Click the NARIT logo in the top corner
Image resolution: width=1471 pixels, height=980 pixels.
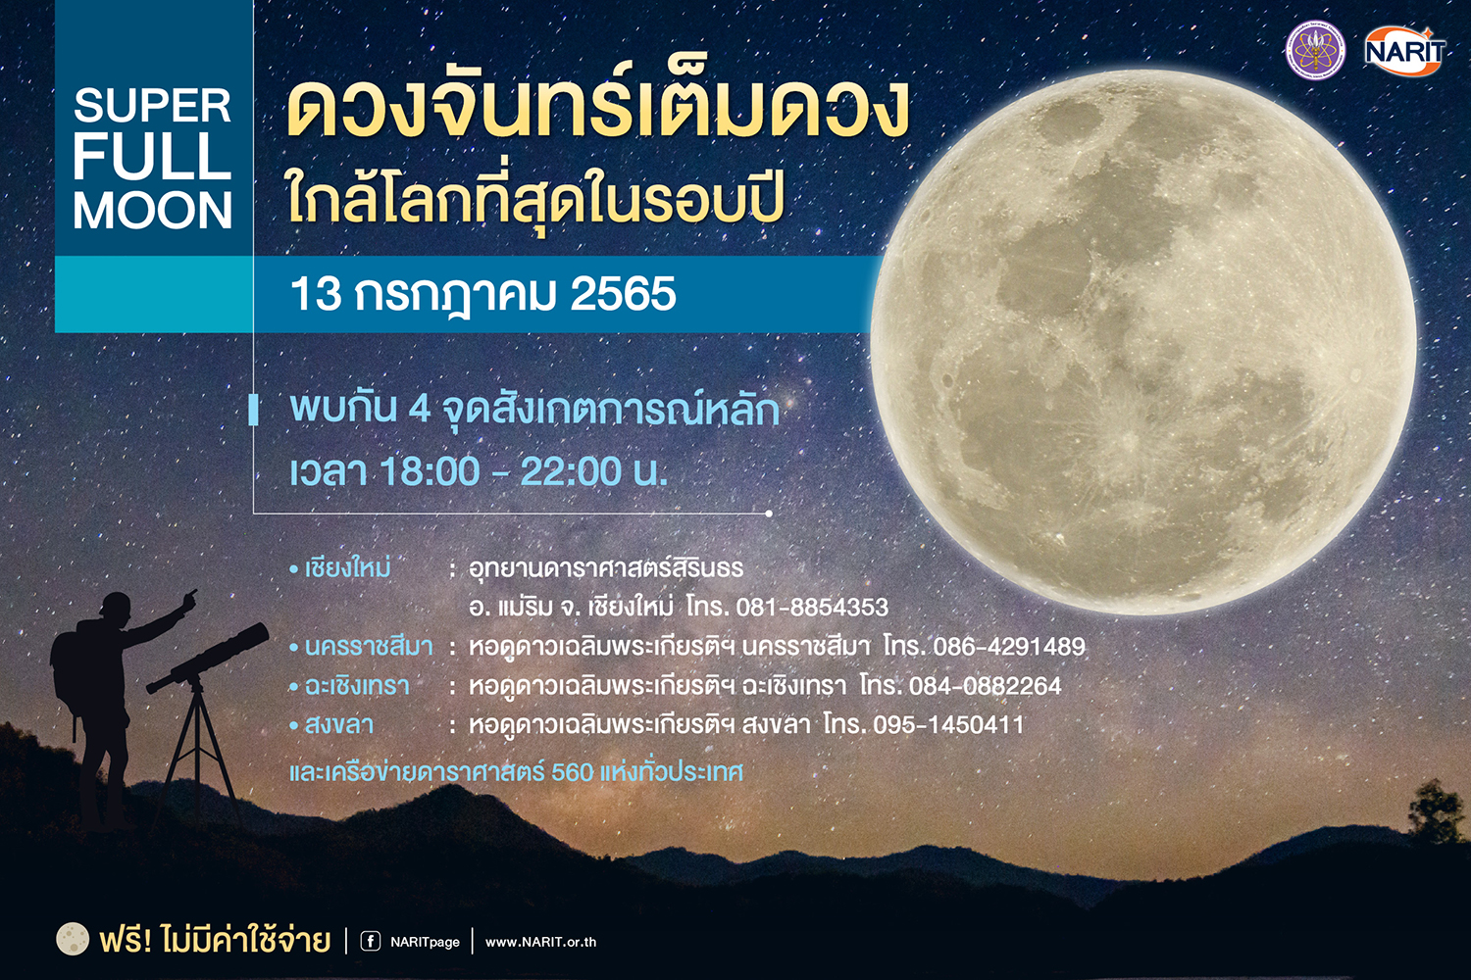1404,51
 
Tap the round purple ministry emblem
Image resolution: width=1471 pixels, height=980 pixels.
1315,51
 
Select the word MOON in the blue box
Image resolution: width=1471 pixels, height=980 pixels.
152,211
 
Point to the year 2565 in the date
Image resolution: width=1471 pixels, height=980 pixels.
623,293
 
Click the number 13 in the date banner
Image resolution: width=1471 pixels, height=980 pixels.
316,293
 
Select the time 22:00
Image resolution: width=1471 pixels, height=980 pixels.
571,471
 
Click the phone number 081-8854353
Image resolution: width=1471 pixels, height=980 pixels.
812,608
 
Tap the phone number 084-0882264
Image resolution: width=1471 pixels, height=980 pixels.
985,686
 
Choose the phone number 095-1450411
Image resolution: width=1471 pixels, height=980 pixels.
948,724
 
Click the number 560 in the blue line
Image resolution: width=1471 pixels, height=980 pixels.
573,772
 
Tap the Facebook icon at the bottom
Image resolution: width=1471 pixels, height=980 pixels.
371,942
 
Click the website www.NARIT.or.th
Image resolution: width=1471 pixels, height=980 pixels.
540,942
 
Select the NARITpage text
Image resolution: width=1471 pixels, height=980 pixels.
425,943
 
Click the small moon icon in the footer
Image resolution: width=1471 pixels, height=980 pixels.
73,939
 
